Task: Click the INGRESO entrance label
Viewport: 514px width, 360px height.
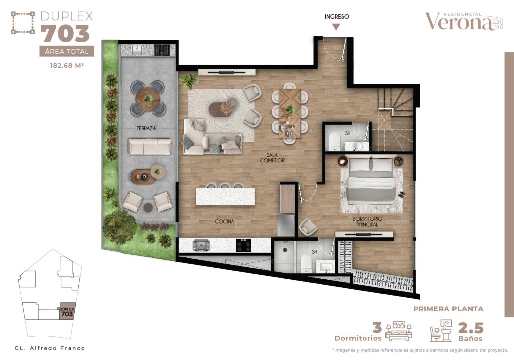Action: coord(337,16)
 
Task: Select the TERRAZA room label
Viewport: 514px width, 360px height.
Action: coord(146,129)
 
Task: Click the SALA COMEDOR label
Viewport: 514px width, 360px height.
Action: coord(272,157)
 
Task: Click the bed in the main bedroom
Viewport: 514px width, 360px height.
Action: coord(372,179)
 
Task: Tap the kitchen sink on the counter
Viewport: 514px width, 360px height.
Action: coord(202,246)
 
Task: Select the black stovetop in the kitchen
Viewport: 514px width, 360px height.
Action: coord(244,246)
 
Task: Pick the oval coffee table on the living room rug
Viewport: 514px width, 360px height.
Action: coord(222,108)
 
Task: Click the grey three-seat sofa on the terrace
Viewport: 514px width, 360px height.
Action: coord(150,147)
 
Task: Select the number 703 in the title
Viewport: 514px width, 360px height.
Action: coord(65,34)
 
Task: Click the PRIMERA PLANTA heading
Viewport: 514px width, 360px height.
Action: coord(448,309)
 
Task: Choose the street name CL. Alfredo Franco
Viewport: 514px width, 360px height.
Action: coord(50,348)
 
